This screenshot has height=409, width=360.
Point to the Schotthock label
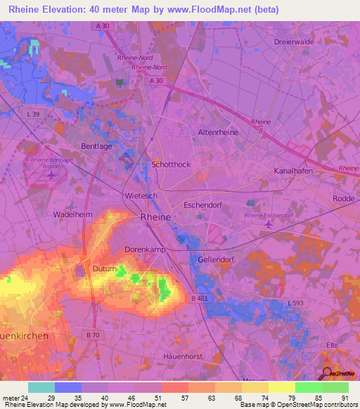171,164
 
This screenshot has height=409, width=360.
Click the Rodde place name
344,198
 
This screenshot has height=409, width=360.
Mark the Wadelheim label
74,214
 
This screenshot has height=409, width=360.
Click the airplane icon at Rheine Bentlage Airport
51,174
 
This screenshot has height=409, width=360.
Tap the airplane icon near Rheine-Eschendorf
269,225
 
